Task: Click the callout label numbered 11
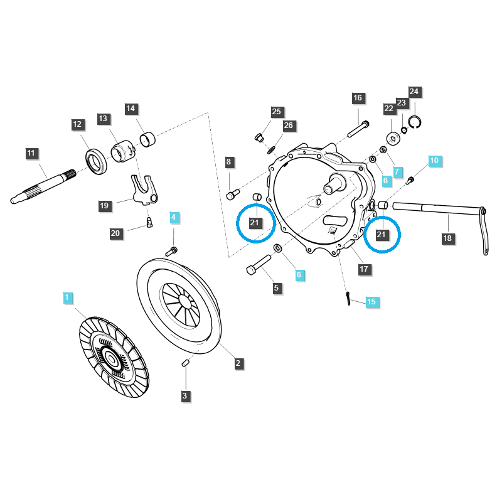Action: pos(32,152)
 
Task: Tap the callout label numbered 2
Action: pos(238,363)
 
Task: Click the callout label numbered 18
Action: pos(447,238)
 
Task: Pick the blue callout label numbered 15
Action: pos(371,302)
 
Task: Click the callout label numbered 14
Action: pos(131,109)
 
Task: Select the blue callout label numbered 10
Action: pos(434,161)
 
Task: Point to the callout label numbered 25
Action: pos(277,112)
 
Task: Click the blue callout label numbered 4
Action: pos(174,218)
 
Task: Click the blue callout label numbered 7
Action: pos(396,171)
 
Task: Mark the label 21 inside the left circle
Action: pos(255,222)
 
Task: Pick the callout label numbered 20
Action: pos(115,233)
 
